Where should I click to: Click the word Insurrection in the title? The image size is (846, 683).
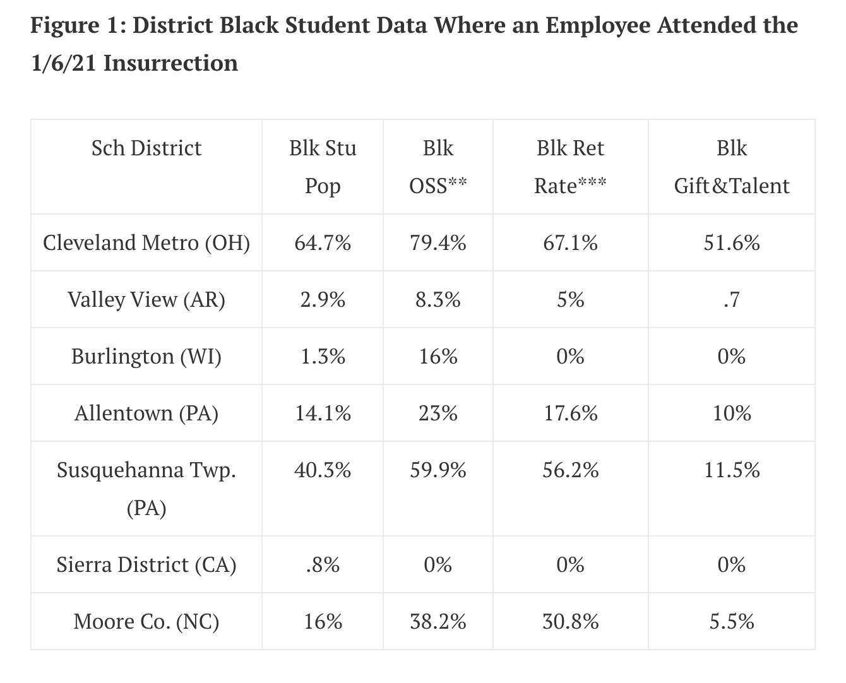[171, 63]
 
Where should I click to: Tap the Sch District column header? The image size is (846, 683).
[146, 148]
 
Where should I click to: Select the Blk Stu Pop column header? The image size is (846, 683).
[323, 167]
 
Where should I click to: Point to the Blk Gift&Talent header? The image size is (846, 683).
[732, 167]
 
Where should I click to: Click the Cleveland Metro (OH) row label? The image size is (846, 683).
[146, 243]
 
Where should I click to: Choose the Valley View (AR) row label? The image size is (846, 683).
[146, 300]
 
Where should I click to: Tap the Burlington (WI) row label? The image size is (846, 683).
[146, 357]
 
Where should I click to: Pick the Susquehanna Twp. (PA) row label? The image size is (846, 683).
[146, 489]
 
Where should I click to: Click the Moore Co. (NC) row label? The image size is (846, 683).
[146, 622]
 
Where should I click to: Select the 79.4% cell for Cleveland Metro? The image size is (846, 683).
[438, 243]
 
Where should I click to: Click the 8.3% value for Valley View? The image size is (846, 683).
[438, 300]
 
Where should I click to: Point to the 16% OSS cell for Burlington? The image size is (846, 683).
[438, 357]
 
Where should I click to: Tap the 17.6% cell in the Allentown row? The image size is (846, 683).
[571, 413]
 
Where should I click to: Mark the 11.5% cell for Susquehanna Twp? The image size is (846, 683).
[732, 470]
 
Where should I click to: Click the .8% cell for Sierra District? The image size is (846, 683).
[323, 564]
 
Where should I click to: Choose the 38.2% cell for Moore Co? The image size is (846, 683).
[438, 622]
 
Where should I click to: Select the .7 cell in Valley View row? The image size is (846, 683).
[732, 300]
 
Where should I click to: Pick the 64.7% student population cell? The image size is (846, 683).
[323, 243]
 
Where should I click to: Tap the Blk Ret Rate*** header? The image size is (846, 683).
[571, 167]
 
